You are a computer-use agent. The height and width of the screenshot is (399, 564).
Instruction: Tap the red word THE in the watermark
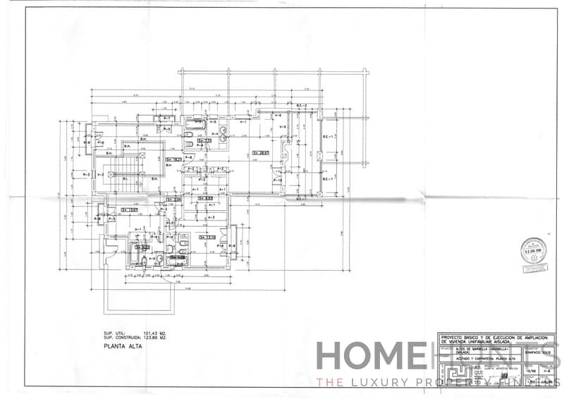click(329, 382)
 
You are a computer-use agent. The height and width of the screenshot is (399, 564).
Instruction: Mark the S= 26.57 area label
click(261, 152)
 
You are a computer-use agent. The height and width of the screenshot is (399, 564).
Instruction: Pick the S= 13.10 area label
click(206, 237)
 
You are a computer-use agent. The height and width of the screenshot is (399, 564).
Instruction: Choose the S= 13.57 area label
click(129, 209)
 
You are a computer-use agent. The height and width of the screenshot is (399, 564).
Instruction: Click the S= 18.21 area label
click(173, 160)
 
